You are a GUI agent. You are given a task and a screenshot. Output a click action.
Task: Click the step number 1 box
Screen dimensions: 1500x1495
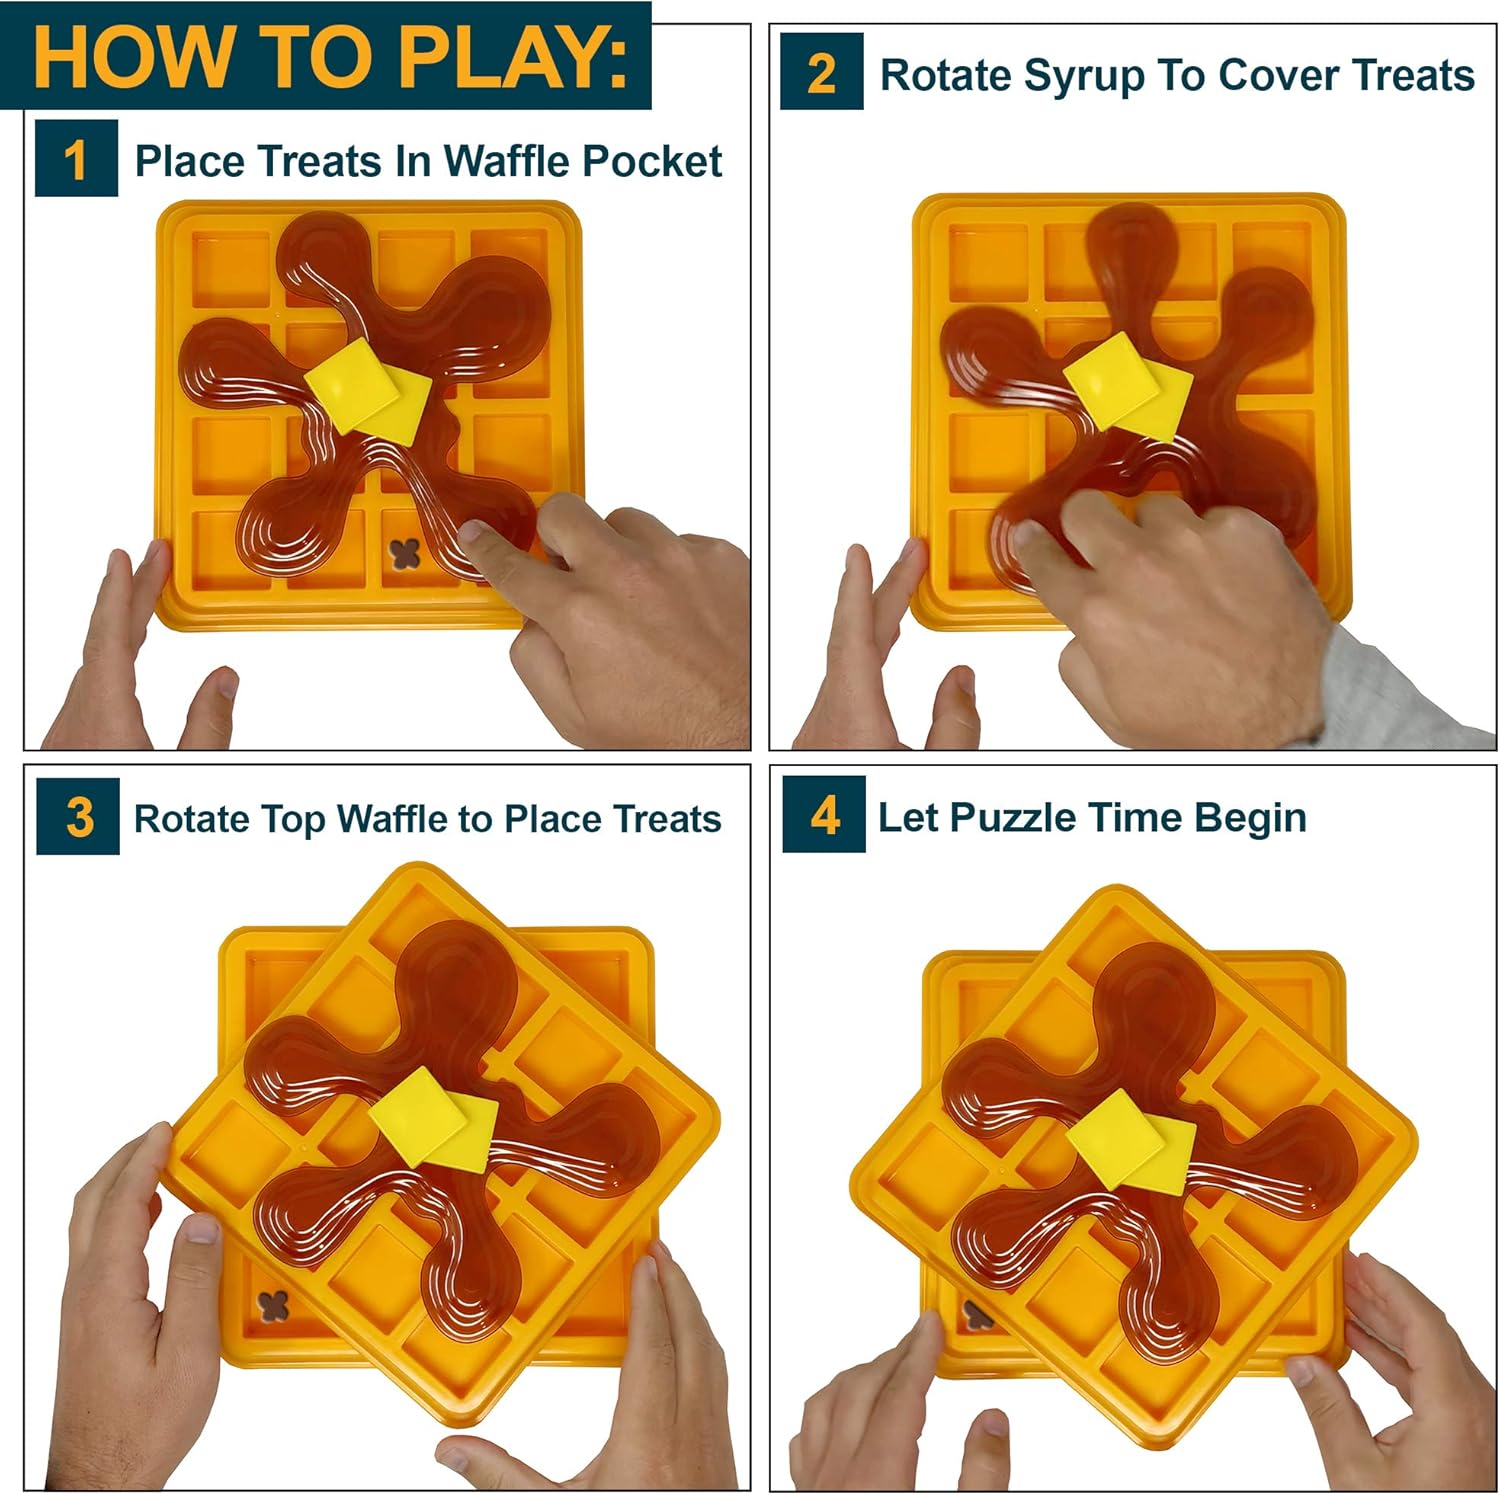click(x=76, y=158)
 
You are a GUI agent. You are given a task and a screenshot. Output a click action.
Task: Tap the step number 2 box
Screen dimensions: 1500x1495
click(x=821, y=71)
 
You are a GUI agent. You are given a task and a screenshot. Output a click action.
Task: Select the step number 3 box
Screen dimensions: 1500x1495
click(x=78, y=816)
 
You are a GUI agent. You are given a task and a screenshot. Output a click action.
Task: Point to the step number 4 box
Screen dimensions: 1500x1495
click(x=824, y=814)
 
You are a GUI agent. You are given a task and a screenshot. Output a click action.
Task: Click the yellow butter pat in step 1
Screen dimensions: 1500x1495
click(x=367, y=388)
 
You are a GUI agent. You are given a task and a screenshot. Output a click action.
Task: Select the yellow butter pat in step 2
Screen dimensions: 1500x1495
click(x=1127, y=386)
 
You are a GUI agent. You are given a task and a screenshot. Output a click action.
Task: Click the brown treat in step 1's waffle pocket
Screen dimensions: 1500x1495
click(x=403, y=556)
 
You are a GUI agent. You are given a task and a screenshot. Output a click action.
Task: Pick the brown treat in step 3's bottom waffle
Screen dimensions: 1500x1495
click(x=273, y=1304)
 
